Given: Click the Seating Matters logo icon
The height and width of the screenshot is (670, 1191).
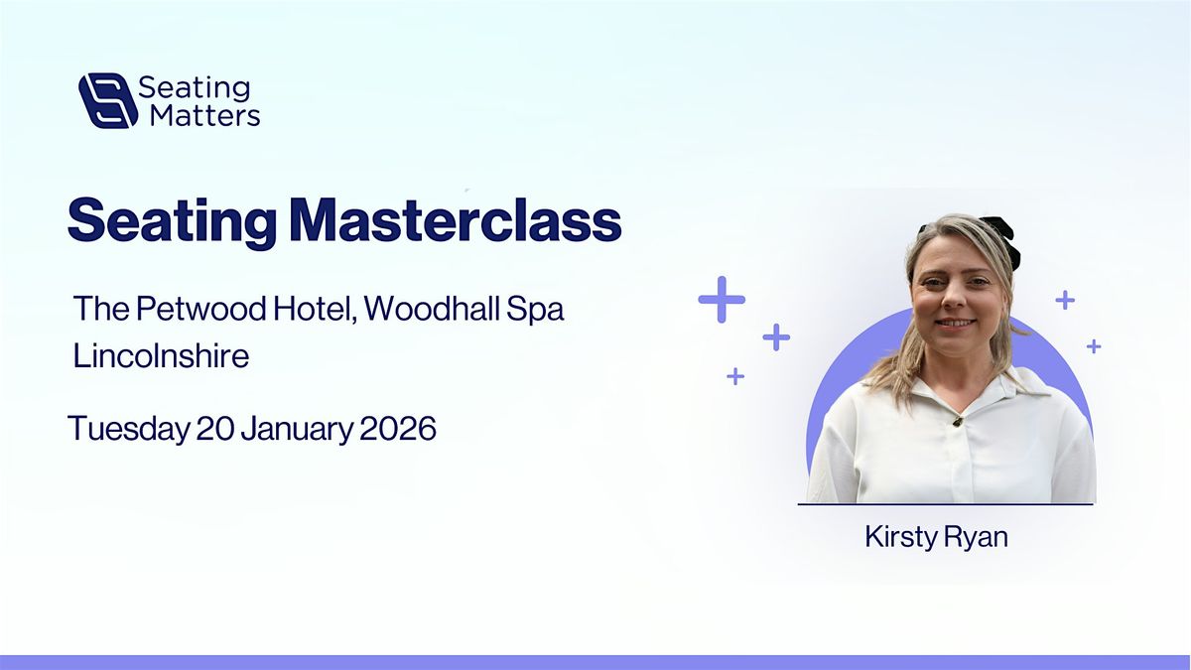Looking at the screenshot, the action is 108,100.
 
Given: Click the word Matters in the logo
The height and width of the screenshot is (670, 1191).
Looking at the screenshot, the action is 205,115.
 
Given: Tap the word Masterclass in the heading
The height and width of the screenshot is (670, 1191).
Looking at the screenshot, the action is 457,219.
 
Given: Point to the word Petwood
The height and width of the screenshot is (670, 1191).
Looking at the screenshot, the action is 200,308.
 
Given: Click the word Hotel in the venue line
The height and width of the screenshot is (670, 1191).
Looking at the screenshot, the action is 315,309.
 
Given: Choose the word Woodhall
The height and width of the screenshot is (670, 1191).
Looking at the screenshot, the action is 431,308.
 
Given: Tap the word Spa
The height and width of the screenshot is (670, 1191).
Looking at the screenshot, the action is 534,311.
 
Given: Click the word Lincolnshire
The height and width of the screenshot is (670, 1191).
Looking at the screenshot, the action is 161,355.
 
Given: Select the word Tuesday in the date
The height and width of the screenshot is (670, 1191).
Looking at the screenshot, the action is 129,430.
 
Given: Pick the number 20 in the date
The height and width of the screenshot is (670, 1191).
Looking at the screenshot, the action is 215,429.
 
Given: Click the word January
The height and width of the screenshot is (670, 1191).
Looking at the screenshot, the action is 297,430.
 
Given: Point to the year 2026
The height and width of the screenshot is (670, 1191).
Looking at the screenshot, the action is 398,429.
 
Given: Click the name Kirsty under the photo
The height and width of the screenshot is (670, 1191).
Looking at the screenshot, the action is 900,537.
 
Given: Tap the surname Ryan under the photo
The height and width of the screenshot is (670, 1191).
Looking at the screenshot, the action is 975,538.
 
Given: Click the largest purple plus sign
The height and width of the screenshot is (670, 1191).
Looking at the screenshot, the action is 722,300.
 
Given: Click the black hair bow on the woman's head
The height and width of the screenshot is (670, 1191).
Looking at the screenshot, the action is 1000,238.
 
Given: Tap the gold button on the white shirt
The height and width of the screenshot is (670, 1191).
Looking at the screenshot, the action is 958,422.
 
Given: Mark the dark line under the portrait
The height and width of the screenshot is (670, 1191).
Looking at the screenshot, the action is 945,503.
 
